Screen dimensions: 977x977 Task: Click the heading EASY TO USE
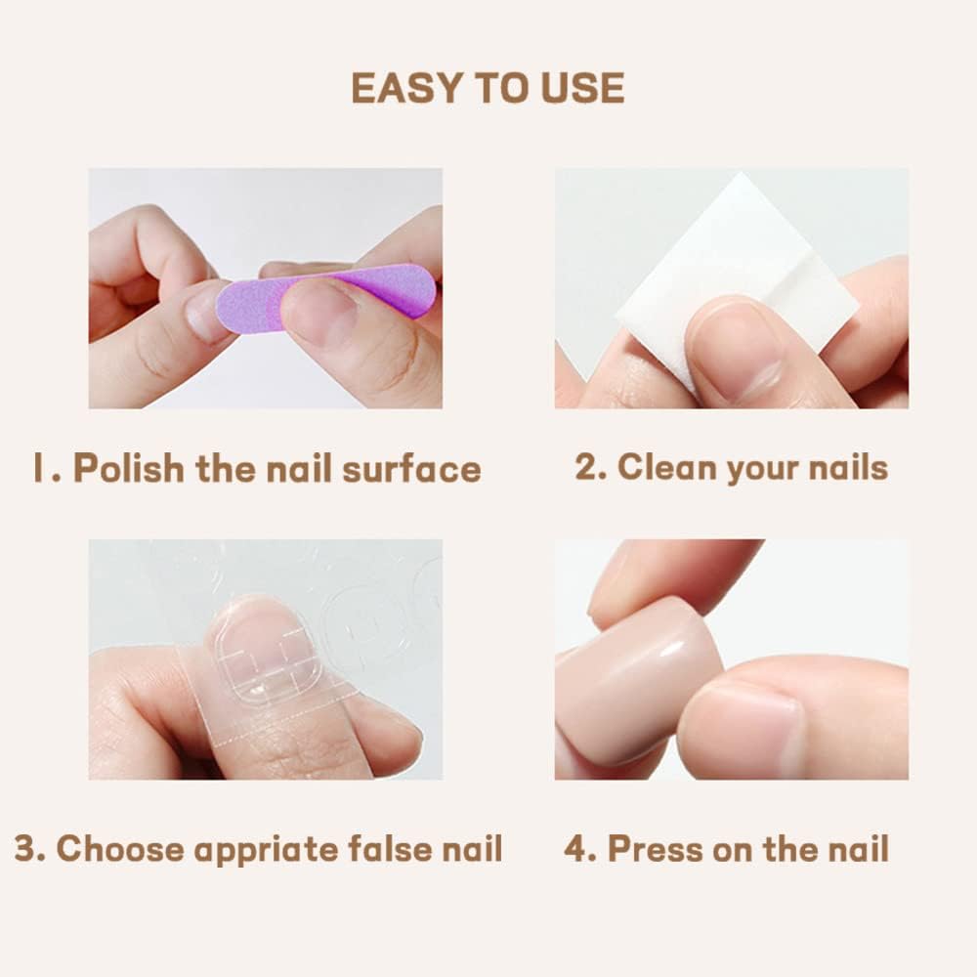pyautogui.click(x=488, y=89)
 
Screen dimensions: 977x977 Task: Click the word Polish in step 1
pyautogui.click(x=128, y=468)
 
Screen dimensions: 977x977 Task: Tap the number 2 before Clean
pyautogui.click(x=589, y=466)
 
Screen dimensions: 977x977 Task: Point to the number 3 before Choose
pyautogui.click(x=28, y=848)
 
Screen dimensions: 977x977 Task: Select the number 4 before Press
pyautogui.click(x=579, y=847)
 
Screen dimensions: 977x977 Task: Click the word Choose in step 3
pyautogui.click(x=120, y=848)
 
